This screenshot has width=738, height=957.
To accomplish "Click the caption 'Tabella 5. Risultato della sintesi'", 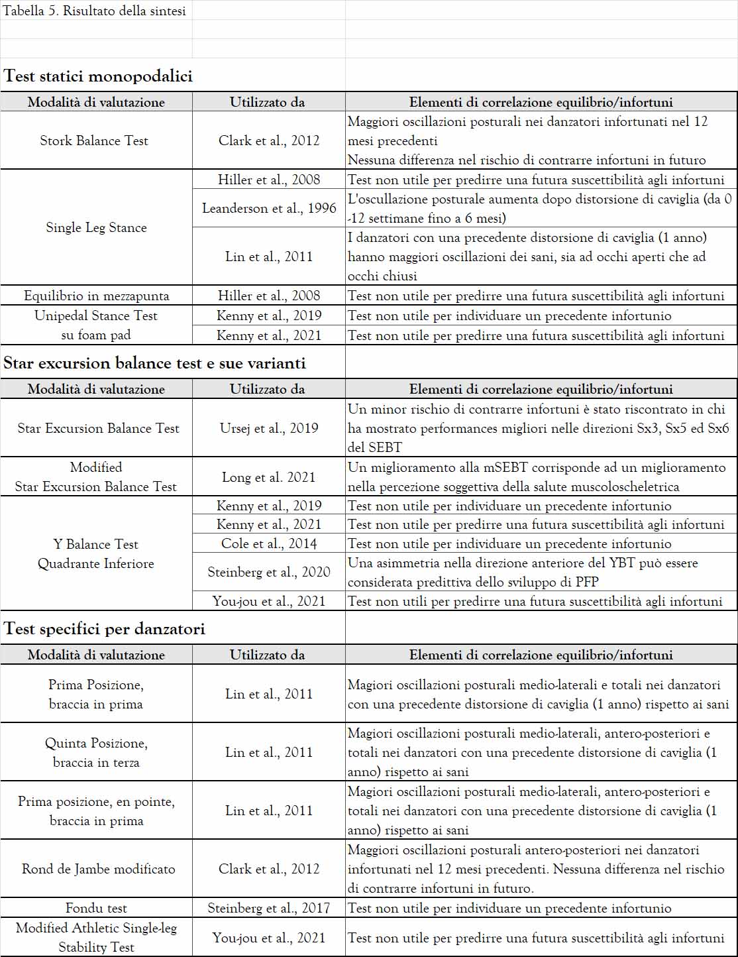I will pyautogui.click(x=95, y=11).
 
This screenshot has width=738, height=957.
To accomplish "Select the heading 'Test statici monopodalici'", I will pyautogui.click(x=98, y=76).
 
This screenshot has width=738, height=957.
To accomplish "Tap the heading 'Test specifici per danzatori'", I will pyautogui.click(x=105, y=629).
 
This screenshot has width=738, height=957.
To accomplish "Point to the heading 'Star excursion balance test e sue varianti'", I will pyautogui.click(x=154, y=363).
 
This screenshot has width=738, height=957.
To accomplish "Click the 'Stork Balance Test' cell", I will pyautogui.click(x=94, y=141).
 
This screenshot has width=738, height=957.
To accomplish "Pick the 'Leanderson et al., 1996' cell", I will pyautogui.click(x=269, y=208).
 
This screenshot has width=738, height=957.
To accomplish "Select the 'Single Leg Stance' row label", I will pyautogui.click(x=96, y=227).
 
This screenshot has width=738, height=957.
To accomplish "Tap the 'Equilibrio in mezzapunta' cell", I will pyautogui.click(x=96, y=296).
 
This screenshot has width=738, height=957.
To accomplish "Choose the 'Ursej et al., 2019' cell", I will pyautogui.click(x=269, y=428).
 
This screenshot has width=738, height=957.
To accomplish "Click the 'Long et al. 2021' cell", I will pyautogui.click(x=269, y=477).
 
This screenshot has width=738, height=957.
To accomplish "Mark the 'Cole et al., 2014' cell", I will pyautogui.click(x=269, y=544).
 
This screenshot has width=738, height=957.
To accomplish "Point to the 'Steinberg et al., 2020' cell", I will pyautogui.click(x=269, y=572).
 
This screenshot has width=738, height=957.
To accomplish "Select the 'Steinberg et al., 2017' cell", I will pyautogui.click(x=269, y=908).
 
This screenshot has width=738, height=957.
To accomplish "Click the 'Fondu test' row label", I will pyautogui.click(x=96, y=908).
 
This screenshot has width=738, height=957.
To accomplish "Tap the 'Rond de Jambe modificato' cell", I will pyautogui.click(x=98, y=869).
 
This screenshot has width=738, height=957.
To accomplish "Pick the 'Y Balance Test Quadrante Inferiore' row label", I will pyautogui.click(x=96, y=554).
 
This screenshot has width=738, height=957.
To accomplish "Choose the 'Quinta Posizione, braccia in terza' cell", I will pyautogui.click(x=96, y=753).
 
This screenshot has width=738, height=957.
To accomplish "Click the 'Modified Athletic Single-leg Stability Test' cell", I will pyautogui.click(x=96, y=938).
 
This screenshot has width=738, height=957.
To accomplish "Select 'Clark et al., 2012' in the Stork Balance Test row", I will pyautogui.click(x=269, y=141).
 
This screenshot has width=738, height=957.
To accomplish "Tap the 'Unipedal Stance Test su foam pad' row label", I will pyautogui.click(x=96, y=325).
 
